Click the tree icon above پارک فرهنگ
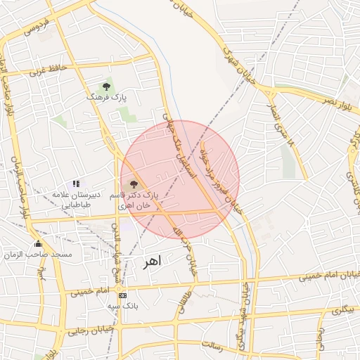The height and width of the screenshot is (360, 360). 106,86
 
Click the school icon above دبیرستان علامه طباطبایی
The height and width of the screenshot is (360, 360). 76,184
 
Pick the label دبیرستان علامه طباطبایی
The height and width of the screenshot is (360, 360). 77,198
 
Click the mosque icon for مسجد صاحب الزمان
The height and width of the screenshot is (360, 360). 38,243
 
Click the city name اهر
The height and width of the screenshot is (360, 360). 151,261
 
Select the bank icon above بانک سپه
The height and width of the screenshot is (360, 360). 124,295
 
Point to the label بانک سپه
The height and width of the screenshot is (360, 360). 122,307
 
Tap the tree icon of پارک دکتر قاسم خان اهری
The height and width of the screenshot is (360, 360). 134,184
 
